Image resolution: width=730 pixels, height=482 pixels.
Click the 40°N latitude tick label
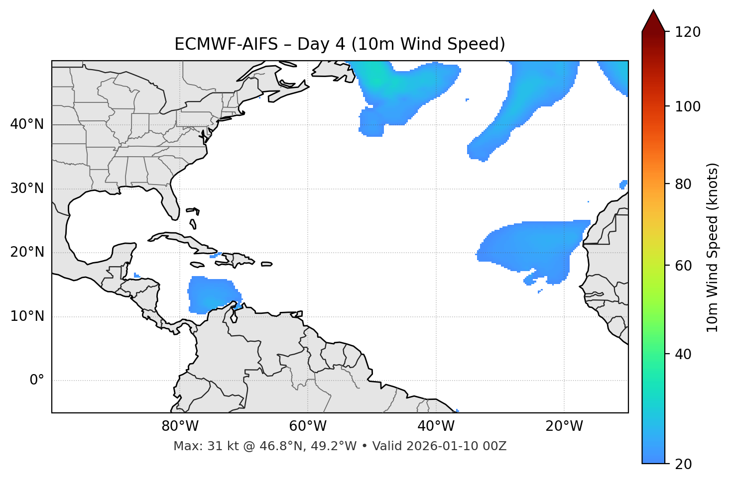pos(27,124)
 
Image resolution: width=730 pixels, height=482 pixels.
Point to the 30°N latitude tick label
pos(27,189)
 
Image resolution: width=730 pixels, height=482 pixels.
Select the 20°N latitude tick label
pos(27,252)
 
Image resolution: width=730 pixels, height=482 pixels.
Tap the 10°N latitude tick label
pos(27,316)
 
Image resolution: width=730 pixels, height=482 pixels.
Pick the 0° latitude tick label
pos(37,381)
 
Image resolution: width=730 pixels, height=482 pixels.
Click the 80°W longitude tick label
pos(180,426)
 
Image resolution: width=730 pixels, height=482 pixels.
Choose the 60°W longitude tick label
pos(308,426)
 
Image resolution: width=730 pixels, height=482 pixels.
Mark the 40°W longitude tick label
pos(436,426)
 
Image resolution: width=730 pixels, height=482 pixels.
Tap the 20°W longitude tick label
pos(564,426)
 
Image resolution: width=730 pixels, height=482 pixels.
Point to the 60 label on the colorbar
pos(686,266)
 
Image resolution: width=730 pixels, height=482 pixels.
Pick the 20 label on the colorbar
pos(686,464)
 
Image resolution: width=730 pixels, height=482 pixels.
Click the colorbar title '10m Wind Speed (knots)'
pos(713,247)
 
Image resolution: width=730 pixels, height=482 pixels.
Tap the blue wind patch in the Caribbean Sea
pos(212,295)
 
